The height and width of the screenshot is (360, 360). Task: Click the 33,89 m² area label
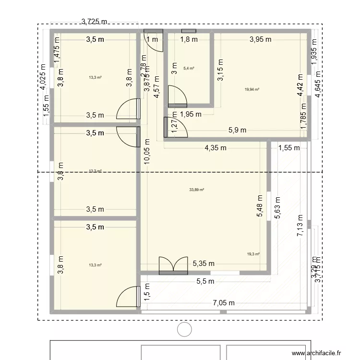pyautogui.click(x=197, y=190)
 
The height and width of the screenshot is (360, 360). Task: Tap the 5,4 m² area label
pyautogui.click(x=189, y=69)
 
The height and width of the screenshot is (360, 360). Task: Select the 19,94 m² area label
pyautogui.click(x=252, y=89)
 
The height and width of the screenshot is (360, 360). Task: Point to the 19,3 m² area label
pyautogui.click(x=253, y=254)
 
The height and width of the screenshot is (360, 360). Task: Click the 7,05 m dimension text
pyautogui.click(x=224, y=303)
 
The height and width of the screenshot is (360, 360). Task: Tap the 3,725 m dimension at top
pyautogui.click(x=95, y=21)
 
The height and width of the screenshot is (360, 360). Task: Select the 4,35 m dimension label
pyautogui.click(x=215, y=148)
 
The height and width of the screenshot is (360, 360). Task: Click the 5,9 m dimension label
pyautogui.click(x=237, y=130)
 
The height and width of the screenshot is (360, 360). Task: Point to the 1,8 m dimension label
pyautogui.click(x=189, y=40)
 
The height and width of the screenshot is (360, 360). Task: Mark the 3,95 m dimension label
pyautogui.click(x=261, y=40)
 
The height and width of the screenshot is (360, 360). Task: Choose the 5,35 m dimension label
pyautogui.click(x=204, y=263)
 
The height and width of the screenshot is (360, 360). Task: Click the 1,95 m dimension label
pyautogui.click(x=191, y=114)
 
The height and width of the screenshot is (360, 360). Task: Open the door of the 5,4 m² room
pyautogui.click(x=177, y=96)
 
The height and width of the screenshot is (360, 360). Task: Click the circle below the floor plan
pyautogui.click(x=184, y=329)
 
